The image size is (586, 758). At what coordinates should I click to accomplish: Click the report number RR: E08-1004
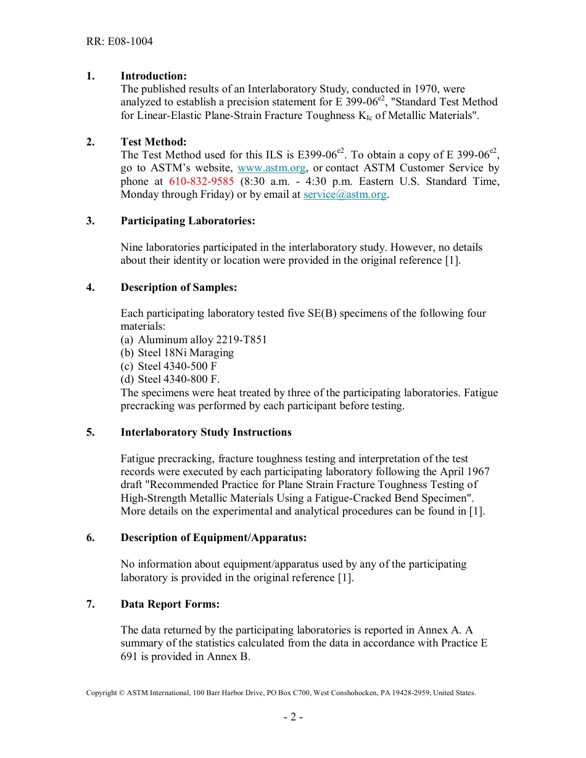(119, 42)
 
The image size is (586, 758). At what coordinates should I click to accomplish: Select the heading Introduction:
(153, 76)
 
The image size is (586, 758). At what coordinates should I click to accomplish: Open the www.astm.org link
(271, 168)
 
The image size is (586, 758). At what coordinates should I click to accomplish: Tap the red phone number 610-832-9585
(201, 181)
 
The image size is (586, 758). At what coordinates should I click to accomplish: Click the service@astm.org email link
(345, 195)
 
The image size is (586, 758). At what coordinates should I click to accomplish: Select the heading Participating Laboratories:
(188, 221)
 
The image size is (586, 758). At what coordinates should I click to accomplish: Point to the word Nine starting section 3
(131, 247)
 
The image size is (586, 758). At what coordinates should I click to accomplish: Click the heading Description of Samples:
(178, 287)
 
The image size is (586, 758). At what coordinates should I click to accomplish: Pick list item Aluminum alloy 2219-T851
(202, 340)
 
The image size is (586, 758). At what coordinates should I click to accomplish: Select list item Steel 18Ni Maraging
(185, 353)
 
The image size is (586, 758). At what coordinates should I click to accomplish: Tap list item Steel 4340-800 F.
(178, 380)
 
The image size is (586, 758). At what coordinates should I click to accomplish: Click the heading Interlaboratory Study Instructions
(206, 432)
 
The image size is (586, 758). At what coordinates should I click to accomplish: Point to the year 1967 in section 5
(477, 471)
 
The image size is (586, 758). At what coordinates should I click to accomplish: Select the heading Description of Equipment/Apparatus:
(213, 537)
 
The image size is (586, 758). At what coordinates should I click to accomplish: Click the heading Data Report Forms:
(170, 604)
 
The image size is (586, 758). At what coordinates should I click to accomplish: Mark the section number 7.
(90, 604)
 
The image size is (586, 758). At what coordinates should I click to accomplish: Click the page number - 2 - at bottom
(293, 717)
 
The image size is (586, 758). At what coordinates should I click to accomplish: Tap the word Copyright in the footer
(101, 693)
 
